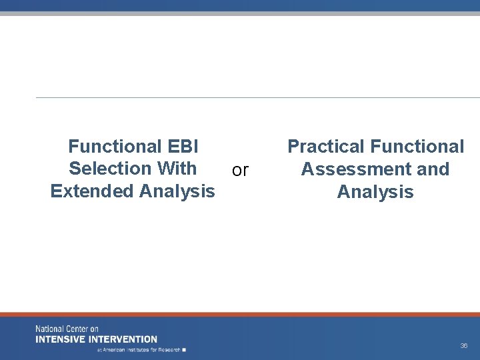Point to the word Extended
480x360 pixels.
92,191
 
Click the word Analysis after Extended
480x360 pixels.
177,191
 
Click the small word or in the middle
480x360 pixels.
240,171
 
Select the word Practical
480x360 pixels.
326,147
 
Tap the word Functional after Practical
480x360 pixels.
417,147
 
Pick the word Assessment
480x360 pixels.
357,169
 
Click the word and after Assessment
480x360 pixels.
433,169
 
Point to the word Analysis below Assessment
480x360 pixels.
375,192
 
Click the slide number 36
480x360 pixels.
463,346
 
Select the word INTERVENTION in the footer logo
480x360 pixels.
124,339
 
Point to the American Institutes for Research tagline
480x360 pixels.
139,349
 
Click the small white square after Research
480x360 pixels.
184,349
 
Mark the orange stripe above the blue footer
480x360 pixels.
240,314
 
